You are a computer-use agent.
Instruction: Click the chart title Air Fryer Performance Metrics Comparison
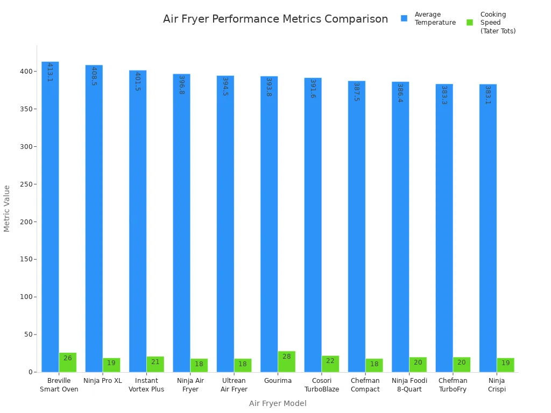275,19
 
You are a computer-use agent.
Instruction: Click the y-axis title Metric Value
7,209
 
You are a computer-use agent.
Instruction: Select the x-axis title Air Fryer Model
278,403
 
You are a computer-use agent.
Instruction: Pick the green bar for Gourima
287,361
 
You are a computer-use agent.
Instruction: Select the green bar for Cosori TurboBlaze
330,364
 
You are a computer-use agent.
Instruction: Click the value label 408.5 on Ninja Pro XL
94,76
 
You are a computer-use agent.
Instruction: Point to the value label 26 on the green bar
68,358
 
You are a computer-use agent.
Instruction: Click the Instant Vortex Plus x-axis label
146,385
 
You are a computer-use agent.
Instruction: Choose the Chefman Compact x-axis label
365,385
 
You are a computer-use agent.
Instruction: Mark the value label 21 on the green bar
156,362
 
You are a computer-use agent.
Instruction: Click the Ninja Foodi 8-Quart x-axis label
409,385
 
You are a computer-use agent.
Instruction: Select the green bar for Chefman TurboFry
462,365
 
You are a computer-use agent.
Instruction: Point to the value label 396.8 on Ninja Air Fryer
181,85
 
